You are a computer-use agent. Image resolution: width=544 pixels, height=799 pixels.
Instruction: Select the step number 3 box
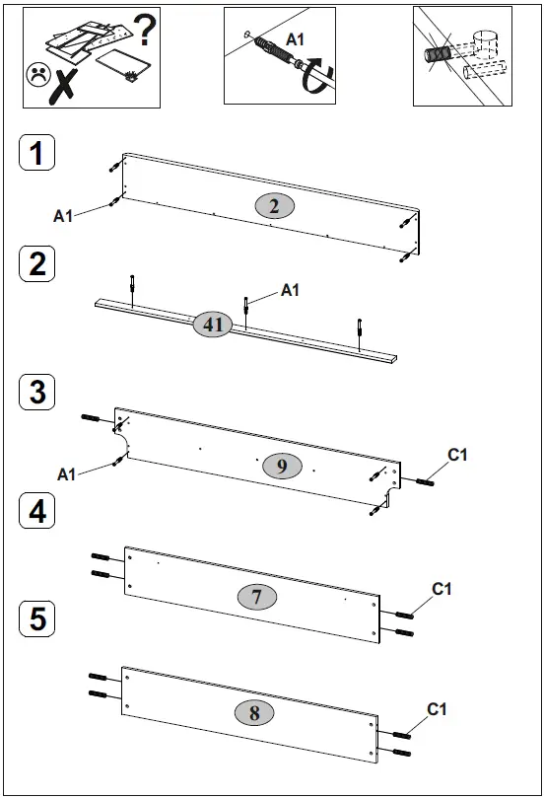click(x=36, y=392)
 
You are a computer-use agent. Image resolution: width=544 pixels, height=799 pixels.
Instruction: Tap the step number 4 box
click(x=36, y=512)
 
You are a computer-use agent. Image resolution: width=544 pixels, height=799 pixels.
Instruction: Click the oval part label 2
click(x=275, y=205)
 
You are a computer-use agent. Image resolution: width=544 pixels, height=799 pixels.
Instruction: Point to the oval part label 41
click(x=212, y=324)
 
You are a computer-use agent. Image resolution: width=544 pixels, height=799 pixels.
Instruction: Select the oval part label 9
click(x=282, y=466)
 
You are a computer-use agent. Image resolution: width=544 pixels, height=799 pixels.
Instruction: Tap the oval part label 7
click(x=256, y=597)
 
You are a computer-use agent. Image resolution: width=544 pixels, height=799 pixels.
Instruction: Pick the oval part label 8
click(x=254, y=713)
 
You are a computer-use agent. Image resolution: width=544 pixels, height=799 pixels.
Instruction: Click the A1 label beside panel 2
click(x=63, y=215)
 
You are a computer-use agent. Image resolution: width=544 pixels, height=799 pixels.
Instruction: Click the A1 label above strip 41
click(x=290, y=290)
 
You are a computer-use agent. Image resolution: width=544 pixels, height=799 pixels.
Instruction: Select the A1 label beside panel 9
click(x=66, y=474)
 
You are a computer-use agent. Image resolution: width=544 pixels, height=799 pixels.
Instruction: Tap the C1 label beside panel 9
click(x=457, y=454)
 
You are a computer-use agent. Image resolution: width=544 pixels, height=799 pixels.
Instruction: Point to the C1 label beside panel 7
click(x=442, y=589)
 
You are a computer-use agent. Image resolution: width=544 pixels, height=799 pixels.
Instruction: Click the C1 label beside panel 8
click(x=438, y=709)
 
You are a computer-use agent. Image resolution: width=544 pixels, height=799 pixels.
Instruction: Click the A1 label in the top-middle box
click(x=295, y=38)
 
